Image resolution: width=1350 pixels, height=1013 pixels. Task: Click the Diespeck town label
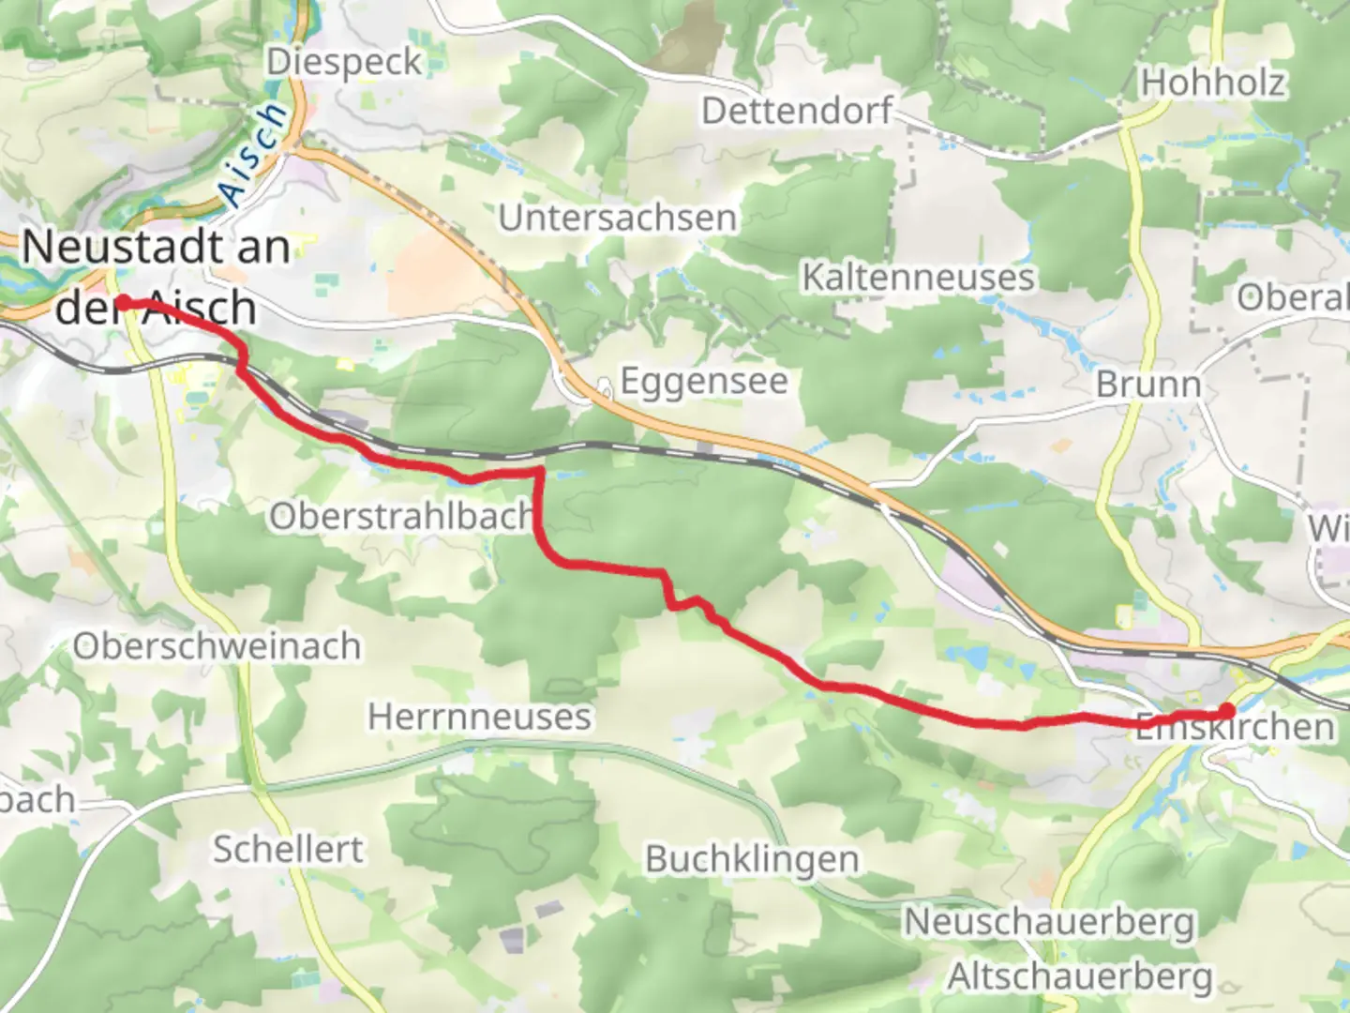pyautogui.click(x=344, y=62)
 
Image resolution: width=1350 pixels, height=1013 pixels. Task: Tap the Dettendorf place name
pyautogui.click(x=797, y=111)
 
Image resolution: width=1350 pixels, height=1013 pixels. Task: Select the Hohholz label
pyautogui.click(x=1212, y=83)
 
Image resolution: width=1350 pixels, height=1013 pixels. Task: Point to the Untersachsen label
pyautogui.click(x=617, y=218)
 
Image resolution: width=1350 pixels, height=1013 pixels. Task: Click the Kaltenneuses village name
pyautogui.click(x=918, y=278)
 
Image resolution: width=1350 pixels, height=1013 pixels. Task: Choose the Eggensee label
pyautogui.click(x=703, y=382)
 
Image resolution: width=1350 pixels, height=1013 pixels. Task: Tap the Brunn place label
pyautogui.click(x=1147, y=385)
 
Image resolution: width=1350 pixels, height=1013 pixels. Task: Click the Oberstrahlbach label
pyautogui.click(x=401, y=516)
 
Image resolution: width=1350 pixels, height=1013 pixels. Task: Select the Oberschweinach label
pyautogui.click(x=217, y=646)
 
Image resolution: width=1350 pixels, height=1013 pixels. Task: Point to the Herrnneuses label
pyautogui.click(x=479, y=717)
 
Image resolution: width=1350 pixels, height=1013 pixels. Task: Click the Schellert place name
pyautogui.click(x=288, y=849)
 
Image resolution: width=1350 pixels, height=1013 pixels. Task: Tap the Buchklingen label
pyautogui.click(x=752, y=859)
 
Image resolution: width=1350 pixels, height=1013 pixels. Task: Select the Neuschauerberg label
pyautogui.click(x=1049, y=922)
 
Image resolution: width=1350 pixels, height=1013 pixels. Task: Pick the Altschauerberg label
pyautogui.click(x=1079, y=976)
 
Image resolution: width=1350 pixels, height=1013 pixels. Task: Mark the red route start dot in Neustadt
pyautogui.click(x=123, y=302)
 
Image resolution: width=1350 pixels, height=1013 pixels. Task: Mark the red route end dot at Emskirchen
pyautogui.click(x=1226, y=712)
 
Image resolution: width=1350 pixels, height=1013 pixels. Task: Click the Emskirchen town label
pyautogui.click(x=1235, y=727)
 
